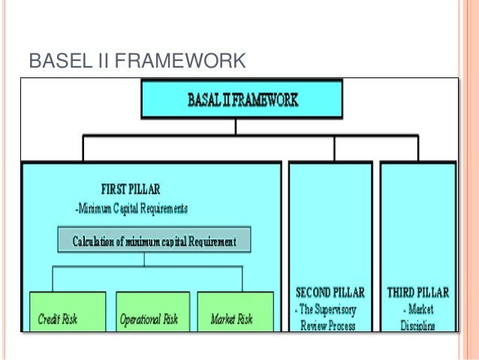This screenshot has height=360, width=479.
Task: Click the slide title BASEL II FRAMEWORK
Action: click(x=137, y=59)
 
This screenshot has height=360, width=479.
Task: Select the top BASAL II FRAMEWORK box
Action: click(x=242, y=99)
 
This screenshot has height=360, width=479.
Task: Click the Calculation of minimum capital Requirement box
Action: click(x=154, y=241)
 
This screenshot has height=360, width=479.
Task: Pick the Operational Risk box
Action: click(x=152, y=312)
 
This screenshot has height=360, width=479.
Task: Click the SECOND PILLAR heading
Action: click(x=330, y=291)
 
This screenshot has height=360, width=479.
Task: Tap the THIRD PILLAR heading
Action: click(x=418, y=291)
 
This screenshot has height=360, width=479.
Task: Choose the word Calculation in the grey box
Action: click(x=99, y=241)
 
